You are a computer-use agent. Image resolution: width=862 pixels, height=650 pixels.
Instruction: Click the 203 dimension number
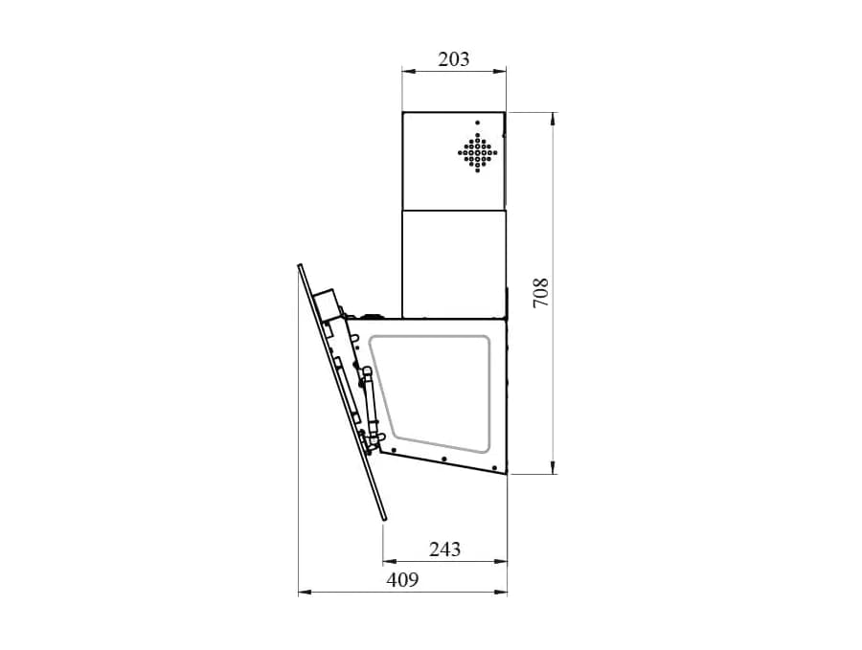point(454,58)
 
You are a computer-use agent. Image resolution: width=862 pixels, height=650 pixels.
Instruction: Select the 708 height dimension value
point(541,293)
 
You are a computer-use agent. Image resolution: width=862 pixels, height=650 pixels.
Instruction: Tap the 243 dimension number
point(444,549)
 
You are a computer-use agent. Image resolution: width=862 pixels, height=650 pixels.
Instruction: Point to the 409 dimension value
point(402,580)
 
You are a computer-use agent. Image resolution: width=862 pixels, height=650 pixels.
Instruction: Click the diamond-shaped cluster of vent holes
point(478,153)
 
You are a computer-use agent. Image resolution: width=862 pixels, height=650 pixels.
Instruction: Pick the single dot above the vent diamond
point(477,123)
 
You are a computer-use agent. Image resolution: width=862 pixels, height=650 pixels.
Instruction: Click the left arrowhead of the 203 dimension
point(408,70)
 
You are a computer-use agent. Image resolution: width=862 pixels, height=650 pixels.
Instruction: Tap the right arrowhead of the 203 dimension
point(499,70)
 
